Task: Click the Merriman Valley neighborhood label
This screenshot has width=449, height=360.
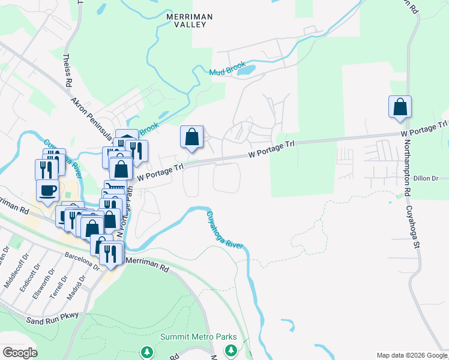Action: [186, 20]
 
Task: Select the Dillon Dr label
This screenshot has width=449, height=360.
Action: [427, 178]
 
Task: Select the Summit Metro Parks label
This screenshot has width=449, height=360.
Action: [198, 337]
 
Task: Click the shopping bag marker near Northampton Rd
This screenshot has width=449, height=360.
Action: [400, 108]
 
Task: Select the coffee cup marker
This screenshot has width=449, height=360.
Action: [48, 191]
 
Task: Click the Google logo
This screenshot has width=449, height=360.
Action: [19, 353]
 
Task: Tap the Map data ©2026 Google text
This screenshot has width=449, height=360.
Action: [411, 355]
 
